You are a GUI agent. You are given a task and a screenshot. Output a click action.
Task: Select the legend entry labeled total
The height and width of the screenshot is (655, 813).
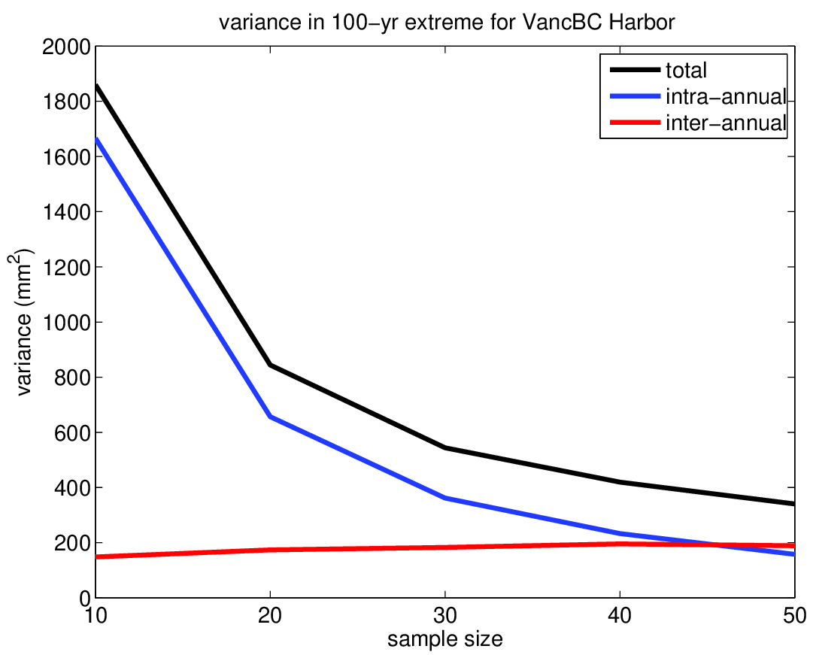tap(685, 71)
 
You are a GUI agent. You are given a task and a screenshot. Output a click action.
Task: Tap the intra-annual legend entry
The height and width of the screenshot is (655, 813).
tap(725, 97)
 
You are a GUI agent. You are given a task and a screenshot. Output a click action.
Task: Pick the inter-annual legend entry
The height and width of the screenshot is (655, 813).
tap(725, 123)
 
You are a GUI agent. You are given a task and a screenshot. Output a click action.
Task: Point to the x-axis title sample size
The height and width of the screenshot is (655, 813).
tap(444, 640)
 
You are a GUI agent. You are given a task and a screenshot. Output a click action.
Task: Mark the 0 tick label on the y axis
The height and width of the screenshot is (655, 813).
tap(78, 599)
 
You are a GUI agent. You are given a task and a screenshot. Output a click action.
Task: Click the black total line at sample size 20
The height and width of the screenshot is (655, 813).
tap(269, 365)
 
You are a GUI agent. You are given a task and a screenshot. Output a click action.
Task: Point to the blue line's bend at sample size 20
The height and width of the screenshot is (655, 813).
tap(269, 417)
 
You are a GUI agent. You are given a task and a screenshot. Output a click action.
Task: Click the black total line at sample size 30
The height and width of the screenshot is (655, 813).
tap(444, 447)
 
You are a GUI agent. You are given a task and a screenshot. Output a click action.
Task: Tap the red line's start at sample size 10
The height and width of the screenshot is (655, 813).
tap(95, 557)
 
